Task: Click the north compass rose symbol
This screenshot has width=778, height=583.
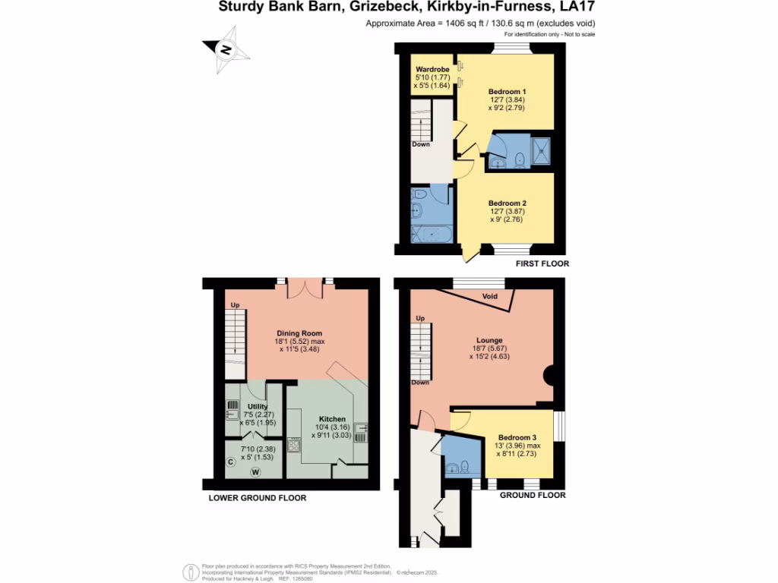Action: click(x=226, y=50)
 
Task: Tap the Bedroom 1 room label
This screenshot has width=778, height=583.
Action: click(x=507, y=91)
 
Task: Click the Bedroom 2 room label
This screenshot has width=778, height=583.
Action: click(x=507, y=203)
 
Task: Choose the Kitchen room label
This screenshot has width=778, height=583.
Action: click(x=332, y=419)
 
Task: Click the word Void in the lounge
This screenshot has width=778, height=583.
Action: click(x=490, y=296)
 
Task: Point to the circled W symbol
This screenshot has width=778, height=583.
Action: click(x=256, y=472)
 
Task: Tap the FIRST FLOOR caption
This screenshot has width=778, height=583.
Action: click(x=542, y=264)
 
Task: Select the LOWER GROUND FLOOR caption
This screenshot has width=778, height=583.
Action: click(x=258, y=499)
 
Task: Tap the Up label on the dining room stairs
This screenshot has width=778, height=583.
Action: click(x=236, y=306)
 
